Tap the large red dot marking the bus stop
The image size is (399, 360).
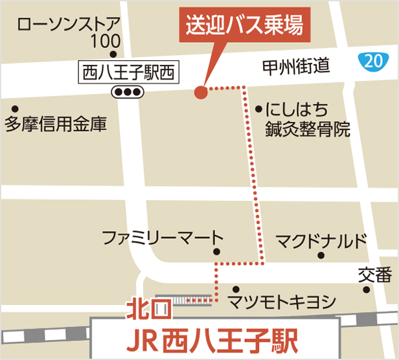[x=201, y=92]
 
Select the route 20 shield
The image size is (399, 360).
[x=369, y=62]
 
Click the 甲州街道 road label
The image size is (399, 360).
[x=297, y=65]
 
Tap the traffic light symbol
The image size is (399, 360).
[x=127, y=92]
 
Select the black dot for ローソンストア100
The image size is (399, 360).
[x=113, y=55]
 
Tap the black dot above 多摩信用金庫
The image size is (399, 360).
[x=16, y=108]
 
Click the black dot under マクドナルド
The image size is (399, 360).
[x=320, y=255]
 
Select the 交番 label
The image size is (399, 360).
[x=374, y=276]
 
